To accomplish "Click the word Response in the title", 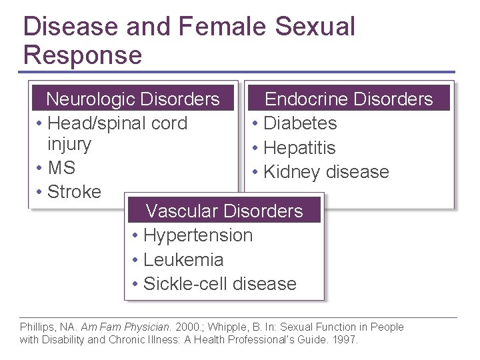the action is (83, 55).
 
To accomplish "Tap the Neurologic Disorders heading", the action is (133, 99).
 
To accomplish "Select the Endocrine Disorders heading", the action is (349, 99).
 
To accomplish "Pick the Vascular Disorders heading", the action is (224, 211).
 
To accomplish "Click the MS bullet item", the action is (61, 167).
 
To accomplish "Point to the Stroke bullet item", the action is (74, 192).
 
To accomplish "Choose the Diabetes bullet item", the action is (300, 123).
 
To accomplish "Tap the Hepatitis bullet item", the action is (299, 148).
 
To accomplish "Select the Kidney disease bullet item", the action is (326, 172).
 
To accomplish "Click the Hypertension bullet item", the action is (198, 235).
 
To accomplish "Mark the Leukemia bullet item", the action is (183, 260).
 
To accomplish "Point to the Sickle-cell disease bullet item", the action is (220, 284).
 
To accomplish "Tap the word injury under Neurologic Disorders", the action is (69, 144).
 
